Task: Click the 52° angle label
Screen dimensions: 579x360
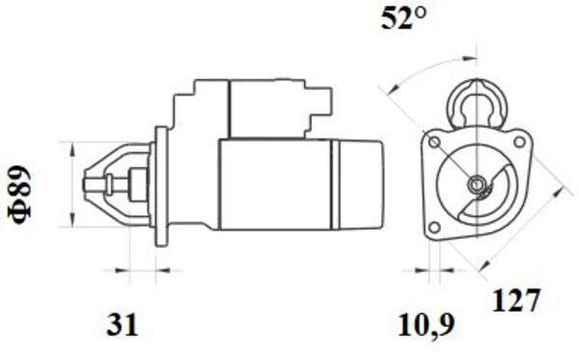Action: [403, 18]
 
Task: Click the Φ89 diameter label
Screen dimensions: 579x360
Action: [20, 195]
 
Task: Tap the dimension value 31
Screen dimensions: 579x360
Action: [123, 324]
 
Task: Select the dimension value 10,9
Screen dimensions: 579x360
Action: [426, 325]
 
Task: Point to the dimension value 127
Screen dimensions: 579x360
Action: [516, 300]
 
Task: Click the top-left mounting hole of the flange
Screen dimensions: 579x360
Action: [434, 142]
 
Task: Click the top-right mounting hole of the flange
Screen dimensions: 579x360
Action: [519, 142]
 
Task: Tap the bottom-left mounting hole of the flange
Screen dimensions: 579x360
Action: [435, 227]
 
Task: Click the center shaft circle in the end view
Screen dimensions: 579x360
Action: [477, 183]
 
